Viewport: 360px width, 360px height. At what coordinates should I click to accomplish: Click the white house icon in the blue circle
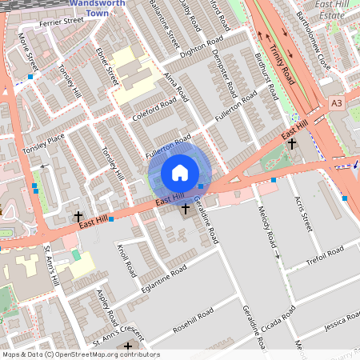click(x=180, y=173)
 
